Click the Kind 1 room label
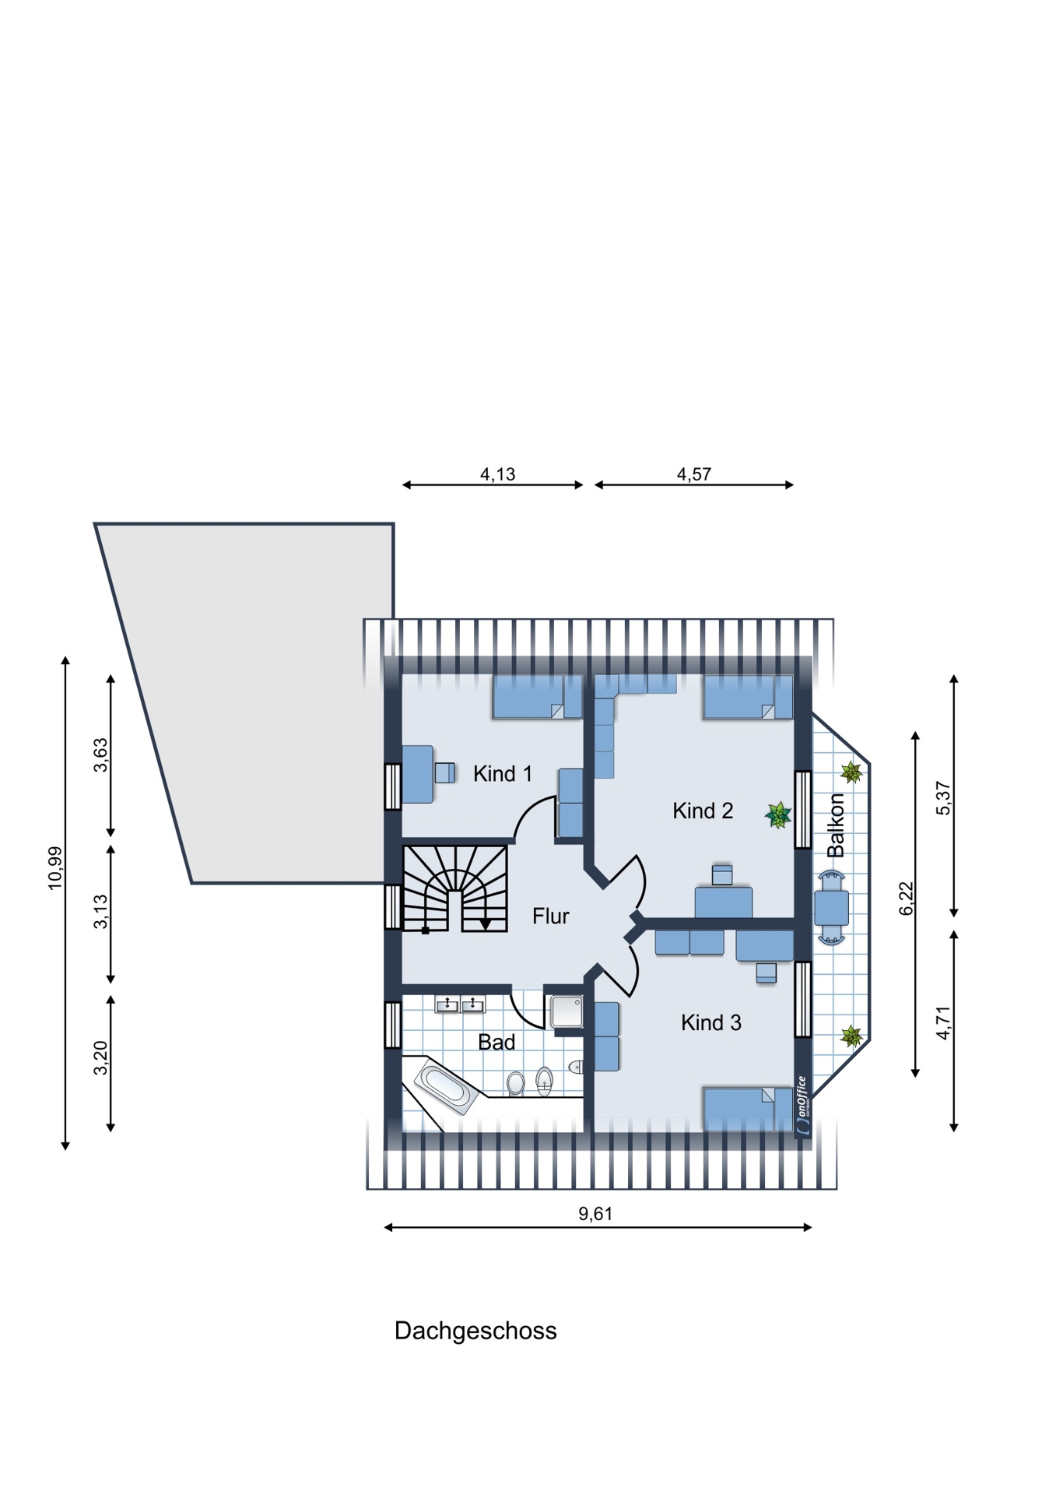click(x=502, y=773)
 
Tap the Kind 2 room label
click(x=703, y=811)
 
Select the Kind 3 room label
click(x=711, y=1022)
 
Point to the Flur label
click(x=551, y=916)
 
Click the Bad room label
click(x=496, y=1042)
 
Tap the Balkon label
click(x=836, y=825)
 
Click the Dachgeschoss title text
click(x=475, y=1331)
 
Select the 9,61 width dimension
click(x=595, y=1213)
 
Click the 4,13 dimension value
click(x=497, y=474)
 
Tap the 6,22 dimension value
click(x=907, y=899)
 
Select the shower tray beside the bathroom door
click(x=566, y=1011)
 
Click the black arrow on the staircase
click(x=485, y=923)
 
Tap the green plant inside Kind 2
click(x=778, y=815)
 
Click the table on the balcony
click(x=831, y=907)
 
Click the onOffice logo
click(x=803, y=1106)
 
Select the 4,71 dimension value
click(x=944, y=1023)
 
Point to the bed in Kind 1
click(x=537, y=697)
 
